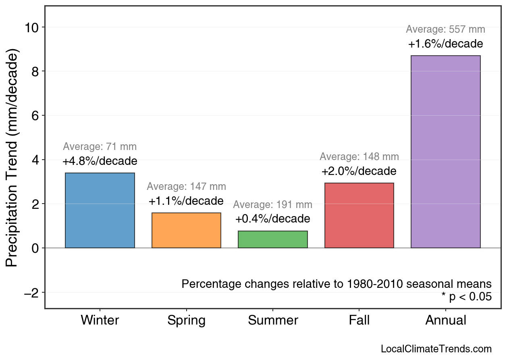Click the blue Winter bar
(100, 210)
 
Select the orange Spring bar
(186, 230)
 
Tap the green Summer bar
(273, 239)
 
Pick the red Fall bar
(359, 215)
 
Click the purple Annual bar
(445, 152)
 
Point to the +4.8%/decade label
(100, 161)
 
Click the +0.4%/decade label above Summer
(273, 219)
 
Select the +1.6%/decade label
(445, 44)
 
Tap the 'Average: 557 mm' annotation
(445, 29)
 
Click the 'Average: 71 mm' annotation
(100, 147)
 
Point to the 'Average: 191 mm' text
(273, 205)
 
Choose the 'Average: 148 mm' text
(359, 157)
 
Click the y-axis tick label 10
(32, 27)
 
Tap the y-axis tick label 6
(35, 116)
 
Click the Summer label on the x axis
(273, 320)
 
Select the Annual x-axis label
(445, 320)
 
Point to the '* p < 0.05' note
(466, 297)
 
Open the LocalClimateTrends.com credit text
(436, 349)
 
